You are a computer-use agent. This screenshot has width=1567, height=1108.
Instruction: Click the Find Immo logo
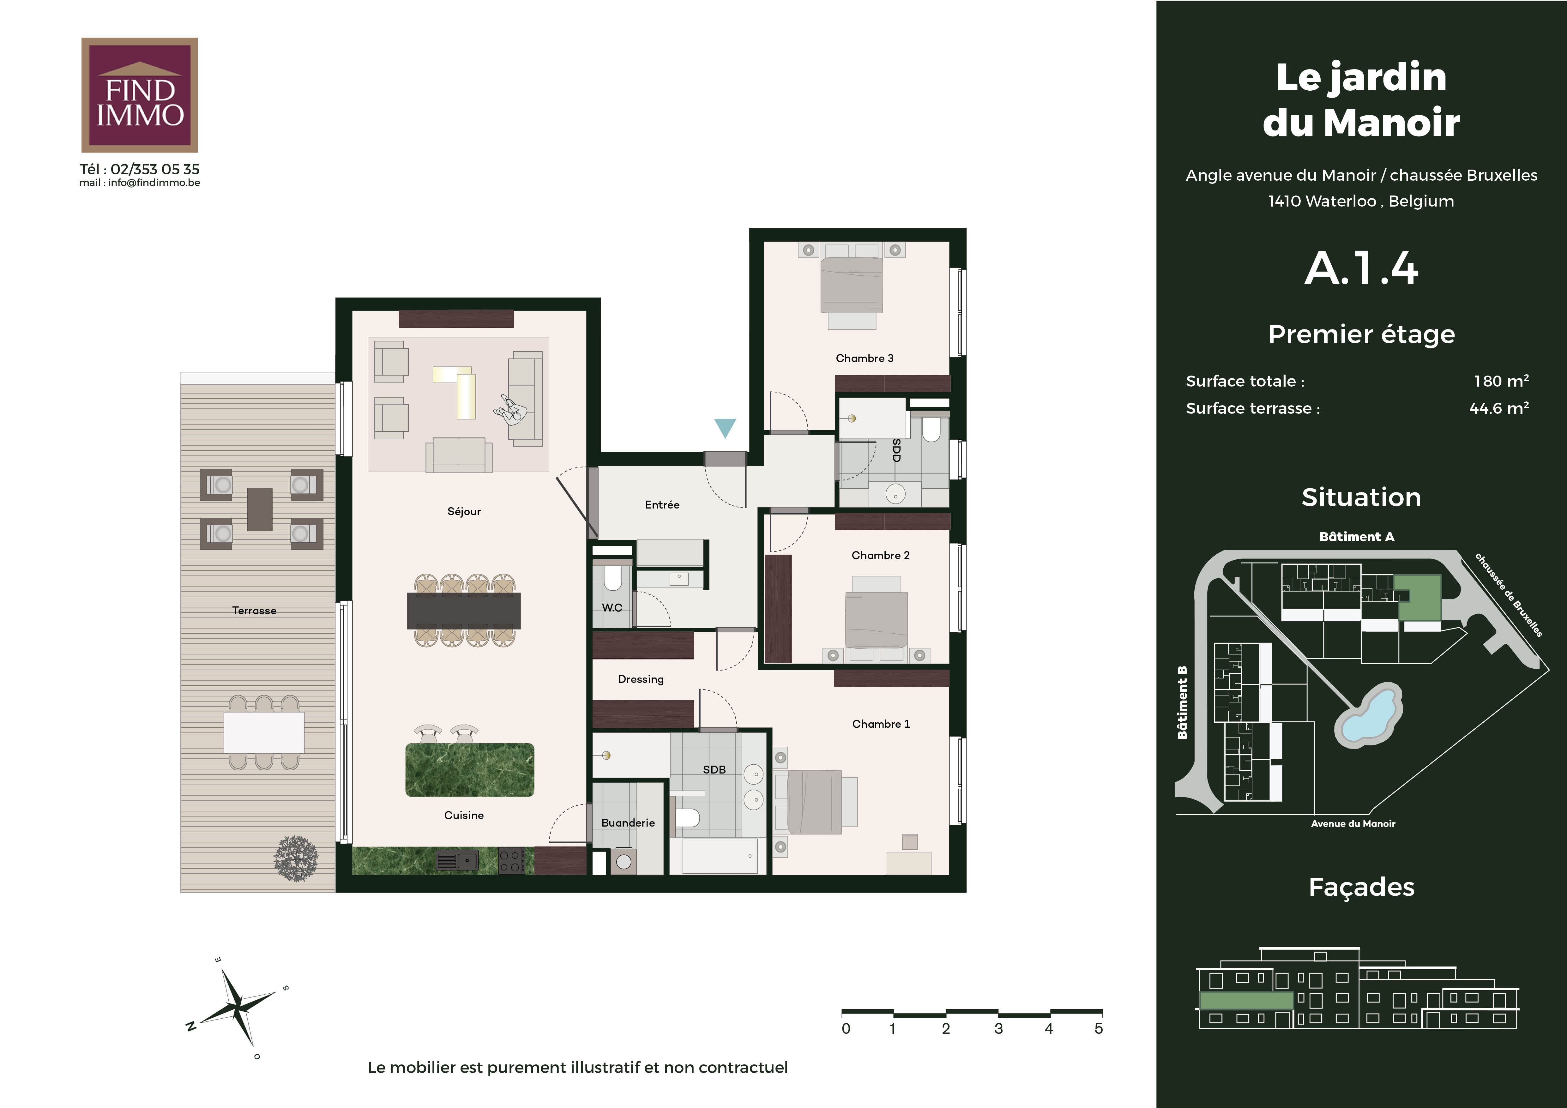[x=139, y=95]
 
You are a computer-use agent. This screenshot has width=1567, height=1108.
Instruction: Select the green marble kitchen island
[x=470, y=770]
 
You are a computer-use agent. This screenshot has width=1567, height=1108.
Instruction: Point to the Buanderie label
[x=628, y=823]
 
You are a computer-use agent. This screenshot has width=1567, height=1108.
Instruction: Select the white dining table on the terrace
[x=264, y=732]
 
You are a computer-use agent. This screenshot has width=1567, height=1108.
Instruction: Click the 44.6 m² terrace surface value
[x=1499, y=408]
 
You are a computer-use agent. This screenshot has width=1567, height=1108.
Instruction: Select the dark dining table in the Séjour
[x=463, y=611]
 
